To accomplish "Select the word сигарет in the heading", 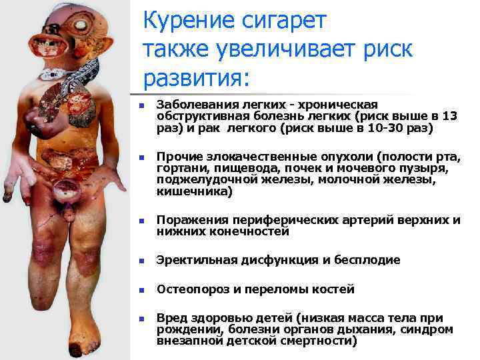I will (283, 21).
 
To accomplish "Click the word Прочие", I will (175, 158).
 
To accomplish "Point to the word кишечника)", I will (194, 192).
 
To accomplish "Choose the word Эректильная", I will (190, 260).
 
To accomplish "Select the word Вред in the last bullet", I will (170, 318).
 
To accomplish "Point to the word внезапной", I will (183, 341).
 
